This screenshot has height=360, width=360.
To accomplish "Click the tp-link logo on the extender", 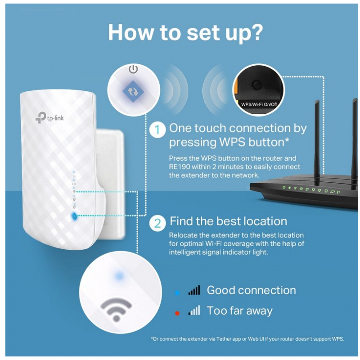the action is pyautogui.click(x=49, y=117).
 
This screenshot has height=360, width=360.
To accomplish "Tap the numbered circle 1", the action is pyautogui.click(x=157, y=130).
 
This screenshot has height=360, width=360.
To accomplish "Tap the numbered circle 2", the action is pyautogui.click(x=157, y=223).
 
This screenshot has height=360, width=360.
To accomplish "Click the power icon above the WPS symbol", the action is pyautogui.click(x=133, y=69).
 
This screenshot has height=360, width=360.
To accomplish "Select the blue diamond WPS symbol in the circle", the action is pyautogui.click(x=133, y=91).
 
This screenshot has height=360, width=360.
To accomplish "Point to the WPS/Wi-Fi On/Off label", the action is pyautogui.click(x=259, y=104).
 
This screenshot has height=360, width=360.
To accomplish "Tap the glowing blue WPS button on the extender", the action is pyautogui.click(x=75, y=216).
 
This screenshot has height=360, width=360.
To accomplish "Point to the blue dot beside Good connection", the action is pyautogui.click(x=177, y=293).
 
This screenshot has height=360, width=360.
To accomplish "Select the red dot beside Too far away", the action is pyautogui.click(x=177, y=313).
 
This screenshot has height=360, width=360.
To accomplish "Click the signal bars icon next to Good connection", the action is pyautogui.click(x=194, y=290).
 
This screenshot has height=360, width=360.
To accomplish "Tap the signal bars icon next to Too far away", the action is pyautogui.click(x=194, y=310).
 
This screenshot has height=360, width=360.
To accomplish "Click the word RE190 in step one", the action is pyautogui.click(x=180, y=167).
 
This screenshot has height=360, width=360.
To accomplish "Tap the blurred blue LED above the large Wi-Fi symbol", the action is pyautogui.click(x=119, y=275).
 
